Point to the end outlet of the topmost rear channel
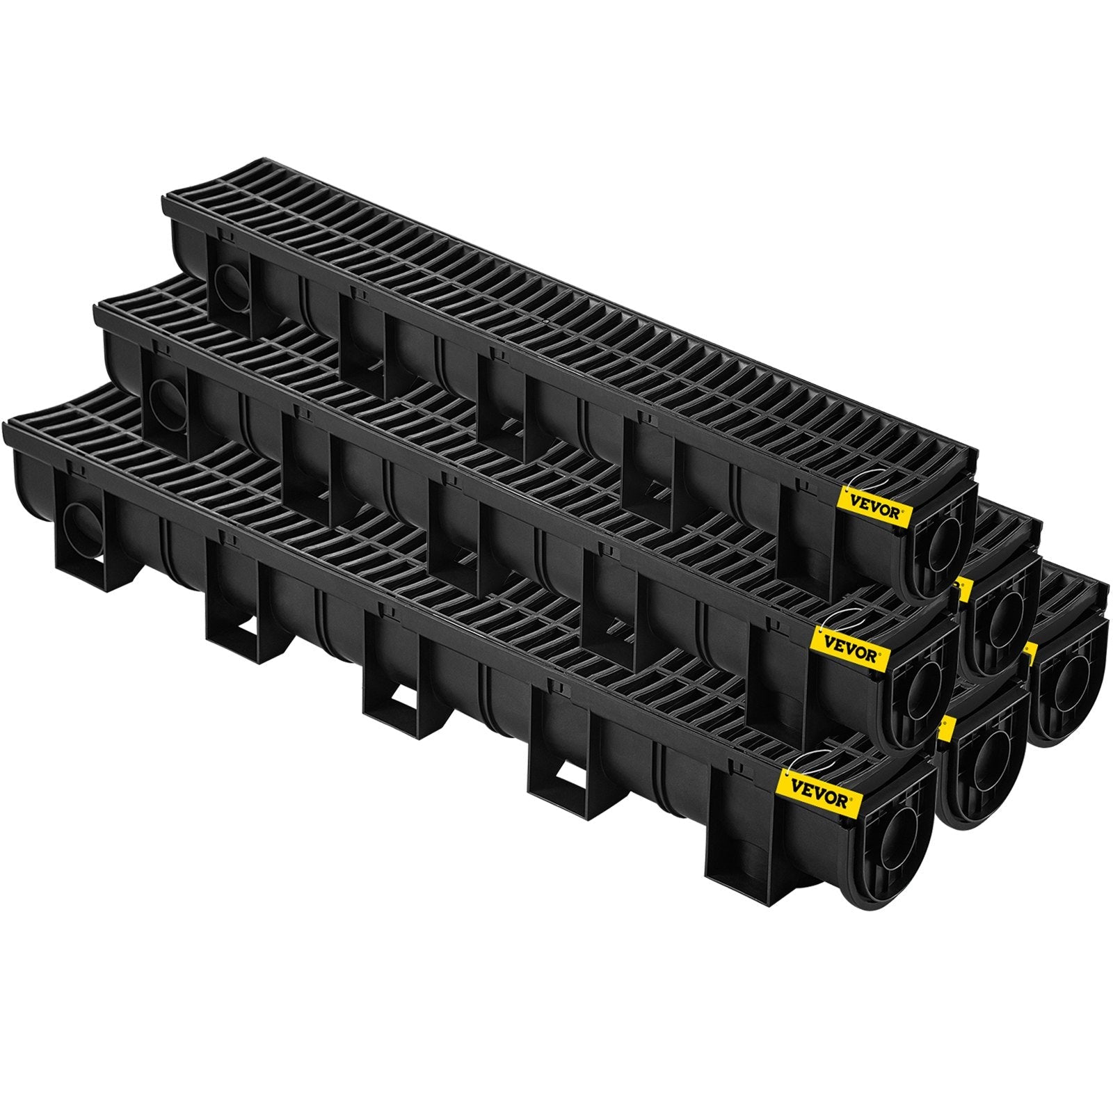click(1002, 619)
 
